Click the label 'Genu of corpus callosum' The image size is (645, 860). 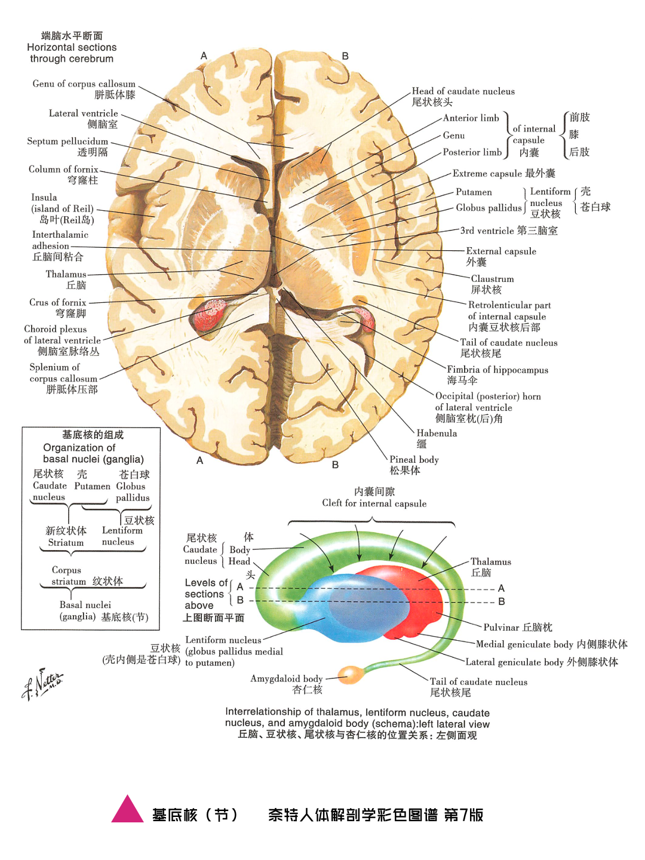click(84, 84)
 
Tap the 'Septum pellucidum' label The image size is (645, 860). click(67, 142)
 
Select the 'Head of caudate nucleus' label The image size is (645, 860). click(463, 91)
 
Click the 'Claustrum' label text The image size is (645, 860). click(492, 279)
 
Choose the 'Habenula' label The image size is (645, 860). click(437, 434)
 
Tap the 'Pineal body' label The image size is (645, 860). click(414, 460)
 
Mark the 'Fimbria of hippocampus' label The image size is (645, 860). click(497, 370)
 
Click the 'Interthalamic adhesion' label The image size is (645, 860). click(60, 240)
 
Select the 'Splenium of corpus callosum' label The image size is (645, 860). click(63, 373)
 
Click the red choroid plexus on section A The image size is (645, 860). click(210, 315)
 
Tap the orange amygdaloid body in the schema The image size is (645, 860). click(351, 675)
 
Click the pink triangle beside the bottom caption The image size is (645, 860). click(127, 811)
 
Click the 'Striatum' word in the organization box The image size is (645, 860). click(66, 543)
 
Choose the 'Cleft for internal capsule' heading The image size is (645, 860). click(374, 503)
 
